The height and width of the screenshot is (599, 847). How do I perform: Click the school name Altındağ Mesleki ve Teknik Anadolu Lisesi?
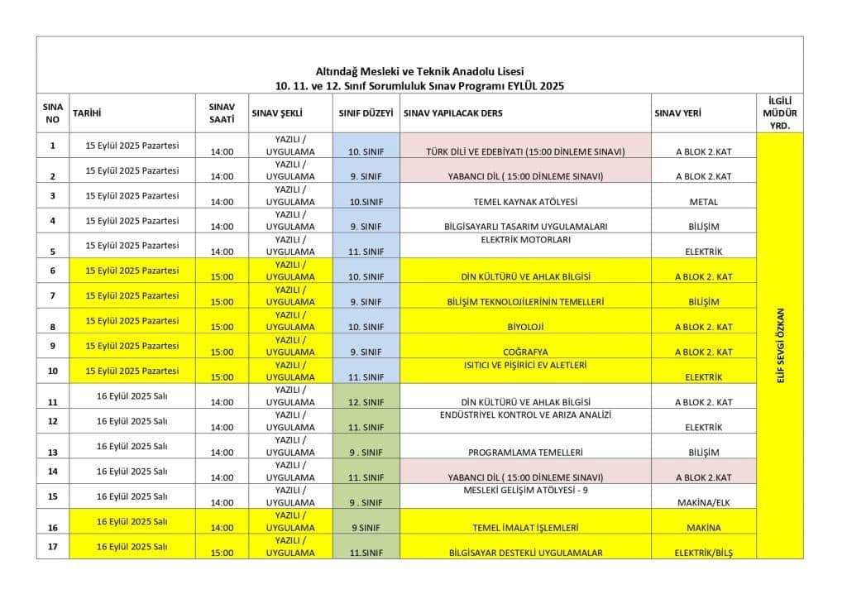pyautogui.click(x=419, y=71)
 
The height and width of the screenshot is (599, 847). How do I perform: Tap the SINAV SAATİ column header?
pyautogui.click(x=222, y=113)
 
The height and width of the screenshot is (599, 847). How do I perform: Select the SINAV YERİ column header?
pyautogui.click(x=678, y=113)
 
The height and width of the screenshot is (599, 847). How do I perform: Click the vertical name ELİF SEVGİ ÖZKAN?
pyautogui.click(x=779, y=345)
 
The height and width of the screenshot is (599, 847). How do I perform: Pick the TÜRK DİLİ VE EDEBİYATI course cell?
pyautogui.click(x=525, y=151)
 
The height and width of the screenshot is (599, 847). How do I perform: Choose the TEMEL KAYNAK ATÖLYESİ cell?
pyautogui.click(x=525, y=202)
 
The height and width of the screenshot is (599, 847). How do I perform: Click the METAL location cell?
pyautogui.click(x=703, y=202)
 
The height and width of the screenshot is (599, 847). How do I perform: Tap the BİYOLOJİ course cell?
pyautogui.click(x=525, y=327)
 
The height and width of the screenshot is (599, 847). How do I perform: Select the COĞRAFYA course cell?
pyautogui.click(x=525, y=352)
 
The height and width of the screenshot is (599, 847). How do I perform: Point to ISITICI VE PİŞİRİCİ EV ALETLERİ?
pyautogui.click(x=525, y=365)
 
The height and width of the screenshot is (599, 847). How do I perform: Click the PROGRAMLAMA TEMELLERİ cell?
pyautogui.click(x=525, y=453)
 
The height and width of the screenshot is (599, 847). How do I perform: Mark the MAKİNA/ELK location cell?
pyautogui.click(x=703, y=502)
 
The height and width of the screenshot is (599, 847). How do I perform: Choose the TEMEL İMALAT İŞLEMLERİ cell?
pyautogui.click(x=525, y=528)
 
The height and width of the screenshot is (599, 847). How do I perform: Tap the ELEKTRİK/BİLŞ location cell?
pyautogui.click(x=703, y=553)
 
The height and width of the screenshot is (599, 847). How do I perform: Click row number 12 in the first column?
pyautogui.click(x=53, y=421)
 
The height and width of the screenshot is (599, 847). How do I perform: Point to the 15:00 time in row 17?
pyautogui.click(x=222, y=553)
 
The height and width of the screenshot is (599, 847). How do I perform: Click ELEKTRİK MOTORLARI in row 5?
pyautogui.click(x=525, y=240)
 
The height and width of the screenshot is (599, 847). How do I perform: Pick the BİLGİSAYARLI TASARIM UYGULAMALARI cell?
pyautogui.click(x=525, y=227)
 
